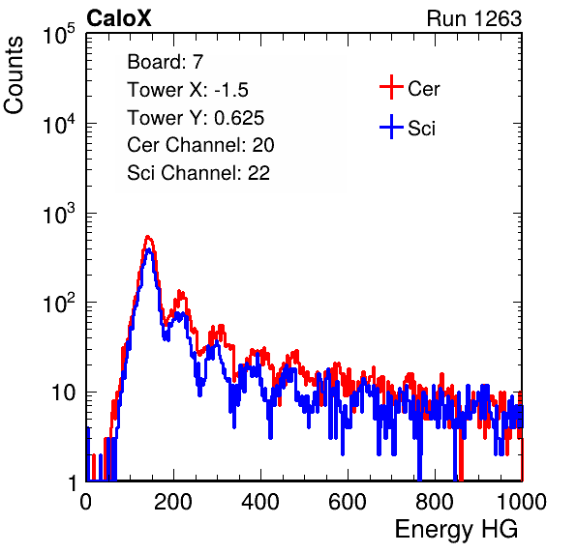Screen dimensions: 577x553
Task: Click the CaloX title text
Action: pyautogui.click(x=119, y=18)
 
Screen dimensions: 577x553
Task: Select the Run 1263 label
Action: pyautogui.click(x=474, y=18)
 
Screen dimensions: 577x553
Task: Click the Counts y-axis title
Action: pyautogui.click(x=14, y=75)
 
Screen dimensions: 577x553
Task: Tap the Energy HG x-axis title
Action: pyautogui.click(x=456, y=530)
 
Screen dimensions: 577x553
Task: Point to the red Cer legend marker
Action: pyautogui.click(x=391, y=87)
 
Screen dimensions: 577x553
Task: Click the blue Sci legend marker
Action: pyautogui.click(x=391, y=128)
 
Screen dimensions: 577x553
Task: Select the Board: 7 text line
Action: pyautogui.click(x=166, y=62)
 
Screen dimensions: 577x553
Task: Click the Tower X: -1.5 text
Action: pyautogui.click(x=188, y=90)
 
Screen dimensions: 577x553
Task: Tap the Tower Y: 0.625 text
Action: pyautogui.click(x=196, y=118)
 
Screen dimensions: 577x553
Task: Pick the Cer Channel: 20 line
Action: pyautogui.click(x=200, y=145)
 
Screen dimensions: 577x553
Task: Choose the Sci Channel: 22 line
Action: pyautogui.click(x=198, y=173)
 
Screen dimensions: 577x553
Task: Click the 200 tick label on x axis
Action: pyautogui.click(x=173, y=502)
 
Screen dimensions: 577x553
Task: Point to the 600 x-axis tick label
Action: pyautogui.click(x=348, y=502)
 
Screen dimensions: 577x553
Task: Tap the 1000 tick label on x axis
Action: pyautogui.click(x=522, y=502)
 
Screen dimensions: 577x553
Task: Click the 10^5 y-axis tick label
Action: pyautogui.click(x=59, y=35)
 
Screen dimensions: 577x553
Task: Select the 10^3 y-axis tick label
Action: pyautogui.click(x=59, y=214)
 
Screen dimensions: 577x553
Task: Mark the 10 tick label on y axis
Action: pyautogui.click(x=63, y=393)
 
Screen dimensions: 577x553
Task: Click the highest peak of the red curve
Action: pyautogui.click(x=147, y=237)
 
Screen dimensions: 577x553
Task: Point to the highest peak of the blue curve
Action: pyautogui.click(x=148, y=249)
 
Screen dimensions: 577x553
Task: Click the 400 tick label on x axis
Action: pyautogui.click(x=260, y=502)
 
